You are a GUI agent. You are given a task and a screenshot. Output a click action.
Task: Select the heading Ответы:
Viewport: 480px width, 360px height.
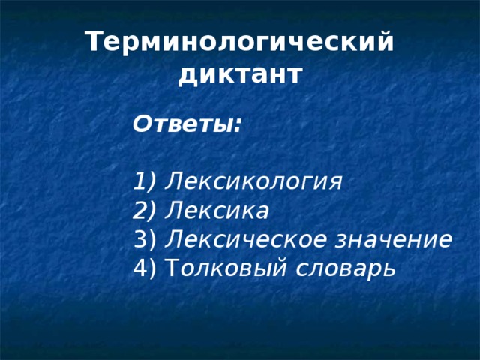click(187, 124)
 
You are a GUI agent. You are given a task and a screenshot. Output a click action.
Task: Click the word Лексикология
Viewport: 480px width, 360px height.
click(253, 182)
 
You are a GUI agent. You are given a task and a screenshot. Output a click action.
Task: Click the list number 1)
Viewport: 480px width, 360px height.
click(144, 182)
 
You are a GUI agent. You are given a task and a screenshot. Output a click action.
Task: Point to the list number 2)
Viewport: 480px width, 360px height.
click(144, 211)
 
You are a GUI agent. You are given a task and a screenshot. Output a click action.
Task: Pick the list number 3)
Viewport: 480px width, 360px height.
click(144, 239)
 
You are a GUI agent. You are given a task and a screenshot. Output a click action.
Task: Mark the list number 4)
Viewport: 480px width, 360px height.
click(144, 268)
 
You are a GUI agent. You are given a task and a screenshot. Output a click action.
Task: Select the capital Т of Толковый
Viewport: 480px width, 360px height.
click(169, 268)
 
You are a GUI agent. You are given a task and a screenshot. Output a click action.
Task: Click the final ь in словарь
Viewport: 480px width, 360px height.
click(388, 268)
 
